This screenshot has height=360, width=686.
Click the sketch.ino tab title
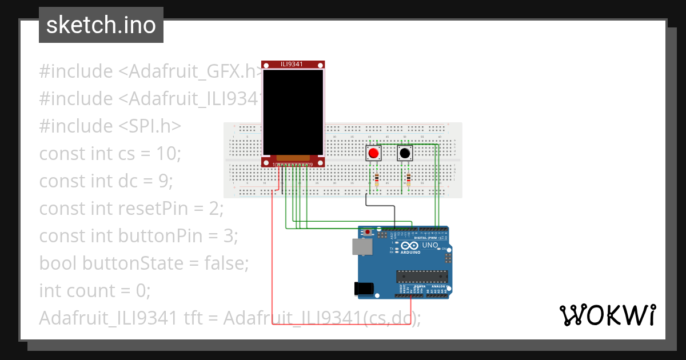(x=101, y=25)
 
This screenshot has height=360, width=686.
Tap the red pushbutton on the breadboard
(x=374, y=153)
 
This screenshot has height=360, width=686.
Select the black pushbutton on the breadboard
(x=405, y=153)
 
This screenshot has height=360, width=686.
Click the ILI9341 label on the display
(x=292, y=64)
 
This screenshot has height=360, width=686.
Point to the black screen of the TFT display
(x=292, y=111)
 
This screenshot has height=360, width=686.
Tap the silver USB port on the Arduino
(x=362, y=246)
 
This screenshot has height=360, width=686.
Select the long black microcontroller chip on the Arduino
(x=422, y=277)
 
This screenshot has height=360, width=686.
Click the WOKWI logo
(x=607, y=315)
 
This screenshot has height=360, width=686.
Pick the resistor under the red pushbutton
(x=376, y=180)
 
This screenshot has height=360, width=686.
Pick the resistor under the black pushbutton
(x=408, y=180)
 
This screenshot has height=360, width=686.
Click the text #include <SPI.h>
(x=110, y=126)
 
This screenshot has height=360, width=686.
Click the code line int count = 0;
(x=94, y=290)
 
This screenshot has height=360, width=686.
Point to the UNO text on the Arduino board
(x=430, y=245)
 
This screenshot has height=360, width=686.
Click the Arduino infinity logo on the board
(x=405, y=246)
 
